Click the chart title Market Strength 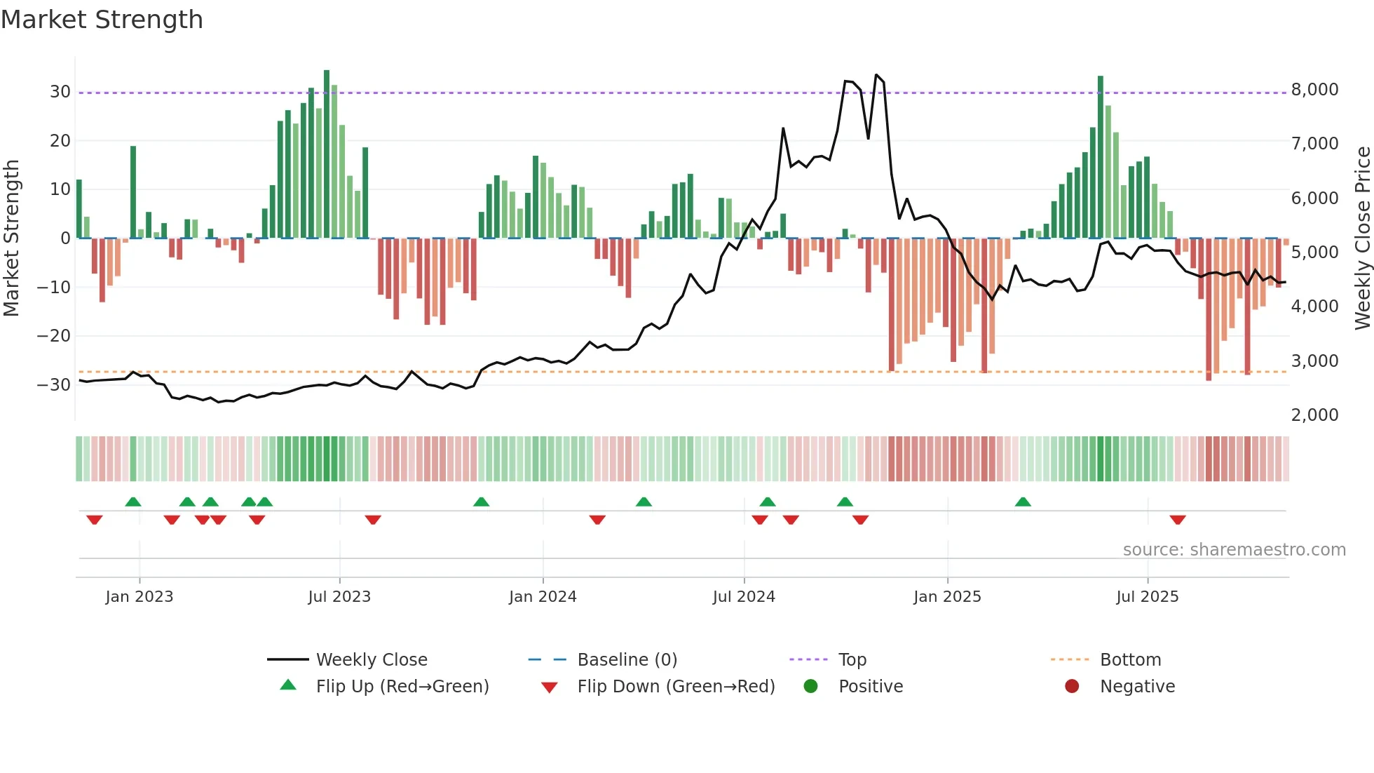[x=102, y=20]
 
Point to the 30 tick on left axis [x=60, y=92]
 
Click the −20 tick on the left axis [x=54, y=336]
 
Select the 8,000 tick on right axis [x=1314, y=90]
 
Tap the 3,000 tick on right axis [x=1314, y=361]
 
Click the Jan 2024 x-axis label [x=543, y=597]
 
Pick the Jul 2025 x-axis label [x=1147, y=597]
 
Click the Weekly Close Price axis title [x=1362, y=238]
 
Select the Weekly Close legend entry [x=371, y=660]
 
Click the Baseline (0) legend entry [x=627, y=660]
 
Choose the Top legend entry [x=852, y=660]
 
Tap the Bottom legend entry [x=1130, y=660]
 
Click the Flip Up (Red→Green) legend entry [x=402, y=687]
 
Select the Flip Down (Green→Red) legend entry [x=676, y=687]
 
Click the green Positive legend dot [x=811, y=687]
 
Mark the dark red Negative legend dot [x=1072, y=687]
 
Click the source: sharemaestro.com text [x=1234, y=550]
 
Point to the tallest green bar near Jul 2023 [x=327, y=154]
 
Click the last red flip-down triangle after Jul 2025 [x=1178, y=520]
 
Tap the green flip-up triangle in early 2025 [x=1023, y=502]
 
